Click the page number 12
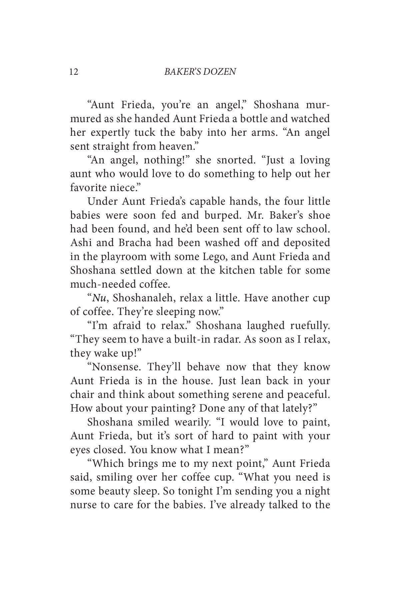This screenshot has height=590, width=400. pyautogui.click(x=74, y=71)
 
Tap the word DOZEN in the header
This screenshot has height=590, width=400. pyautogui.click(x=219, y=71)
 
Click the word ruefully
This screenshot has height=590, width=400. pyautogui.click(x=310, y=326)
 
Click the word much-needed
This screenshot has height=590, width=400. pyautogui.click(x=102, y=284)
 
